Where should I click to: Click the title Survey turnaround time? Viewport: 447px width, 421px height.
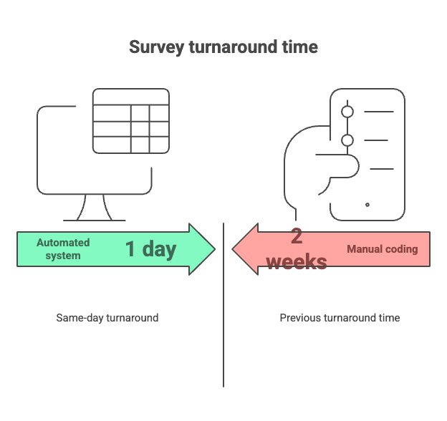223,47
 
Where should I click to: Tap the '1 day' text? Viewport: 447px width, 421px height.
151,249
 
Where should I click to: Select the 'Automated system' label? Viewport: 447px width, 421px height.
63,249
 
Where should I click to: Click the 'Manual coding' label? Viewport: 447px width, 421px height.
383,249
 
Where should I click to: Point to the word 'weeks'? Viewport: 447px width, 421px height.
297,262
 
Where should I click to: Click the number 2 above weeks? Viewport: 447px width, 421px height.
297,236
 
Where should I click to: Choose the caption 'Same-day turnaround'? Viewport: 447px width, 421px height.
107,318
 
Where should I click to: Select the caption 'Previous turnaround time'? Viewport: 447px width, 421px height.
340,318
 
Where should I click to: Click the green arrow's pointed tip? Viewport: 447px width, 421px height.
215,249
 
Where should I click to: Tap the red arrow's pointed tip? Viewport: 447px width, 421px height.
232,249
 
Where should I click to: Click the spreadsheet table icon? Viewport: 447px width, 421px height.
131,121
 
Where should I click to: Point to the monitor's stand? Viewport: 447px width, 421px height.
95,208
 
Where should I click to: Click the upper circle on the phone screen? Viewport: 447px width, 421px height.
347,112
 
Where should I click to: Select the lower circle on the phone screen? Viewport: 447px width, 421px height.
347,140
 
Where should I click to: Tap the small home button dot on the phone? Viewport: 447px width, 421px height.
367,205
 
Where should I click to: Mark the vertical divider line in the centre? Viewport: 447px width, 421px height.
223,305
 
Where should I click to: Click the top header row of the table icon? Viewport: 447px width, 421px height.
131,97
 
